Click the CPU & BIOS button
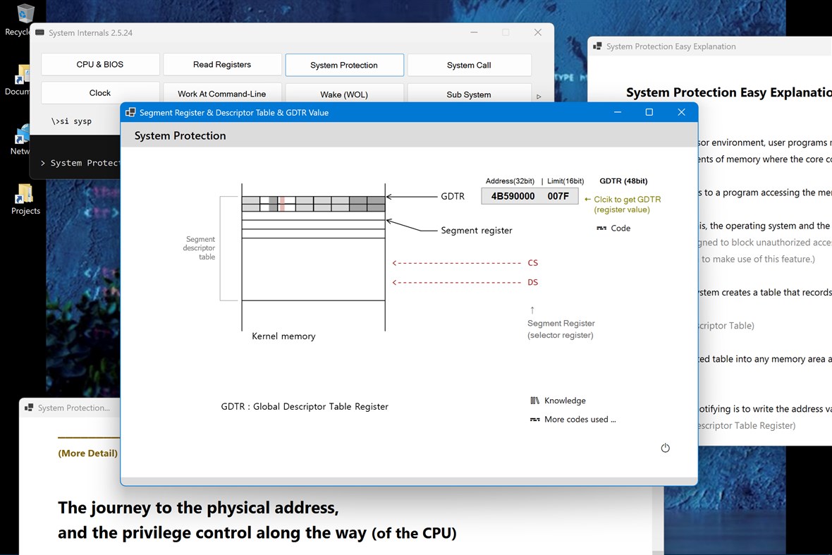click(100, 64)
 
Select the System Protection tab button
click(344, 65)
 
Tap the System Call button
click(469, 65)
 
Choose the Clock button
click(100, 93)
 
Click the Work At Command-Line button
click(222, 94)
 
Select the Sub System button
click(469, 94)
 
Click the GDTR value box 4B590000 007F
click(530, 196)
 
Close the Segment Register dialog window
click(681, 112)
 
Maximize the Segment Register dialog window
click(649, 112)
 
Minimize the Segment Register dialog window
click(618, 112)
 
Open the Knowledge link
click(564, 401)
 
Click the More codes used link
click(580, 420)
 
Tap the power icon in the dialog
click(665, 448)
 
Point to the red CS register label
click(532, 263)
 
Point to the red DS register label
click(532, 283)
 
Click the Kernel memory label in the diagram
click(283, 336)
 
